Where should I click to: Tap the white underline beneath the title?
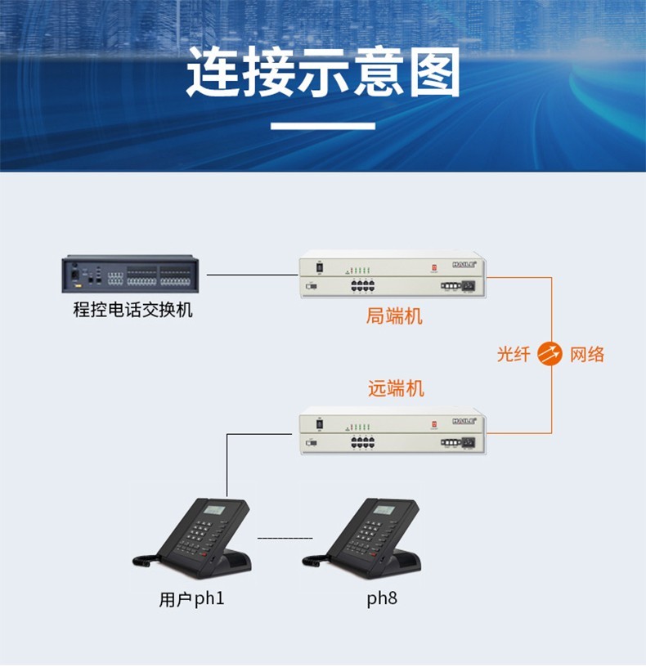point(323,126)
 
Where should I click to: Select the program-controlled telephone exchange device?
point(130,275)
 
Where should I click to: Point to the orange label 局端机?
point(394,316)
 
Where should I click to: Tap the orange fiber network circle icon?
point(551,354)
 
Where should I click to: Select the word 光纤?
point(514,355)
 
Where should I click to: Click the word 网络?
point(587,355)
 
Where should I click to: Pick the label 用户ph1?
point(191,599)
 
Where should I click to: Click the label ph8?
point(382,599)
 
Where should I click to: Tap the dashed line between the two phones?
point(285,539)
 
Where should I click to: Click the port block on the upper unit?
point(362,286)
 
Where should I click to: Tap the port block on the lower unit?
point(362,443)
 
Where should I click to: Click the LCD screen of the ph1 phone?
point(214,510)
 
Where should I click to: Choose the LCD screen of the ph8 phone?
point(384,510)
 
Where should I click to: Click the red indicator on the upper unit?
point(434,266)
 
